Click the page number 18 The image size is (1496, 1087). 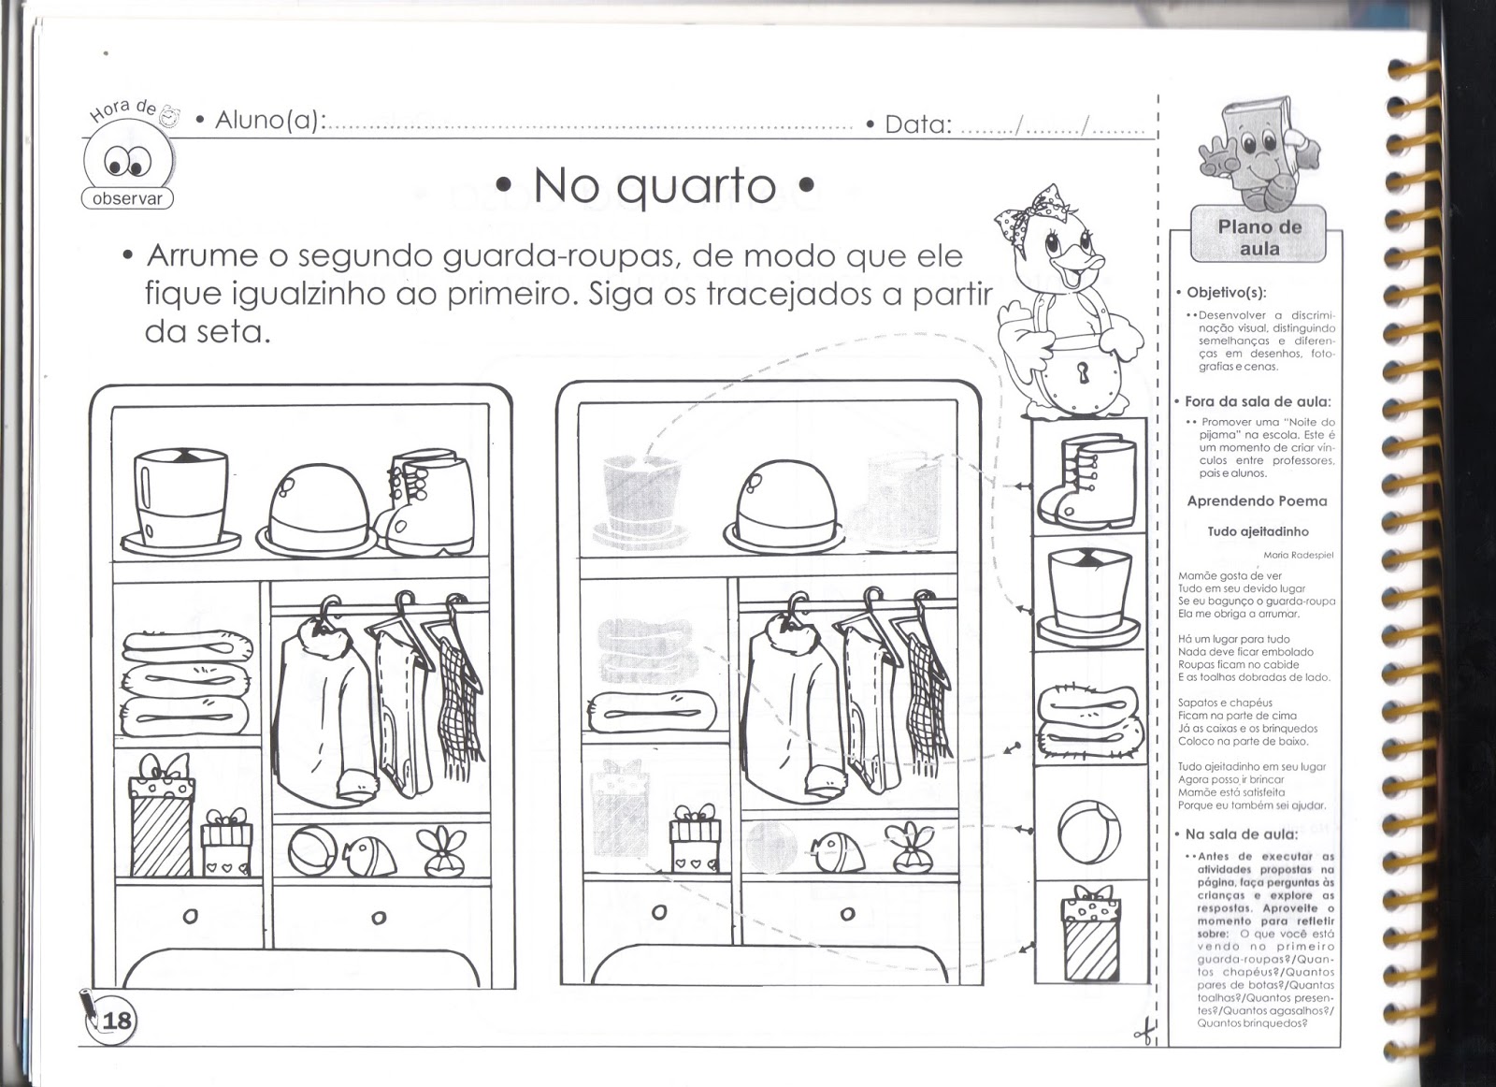pos(117,1021)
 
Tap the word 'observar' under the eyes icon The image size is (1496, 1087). pos(127,198)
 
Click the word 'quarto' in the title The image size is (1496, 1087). pos(696,188)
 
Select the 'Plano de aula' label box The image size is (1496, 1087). pos(1259,238)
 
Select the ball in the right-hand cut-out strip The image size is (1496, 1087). pos(1089,833)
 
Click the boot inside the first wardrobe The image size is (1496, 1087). pos(424,502)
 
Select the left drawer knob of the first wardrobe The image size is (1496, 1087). pos(191,915)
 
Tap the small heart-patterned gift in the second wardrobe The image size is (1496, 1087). pos(696,838)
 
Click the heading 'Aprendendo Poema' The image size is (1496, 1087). pos(1257,501)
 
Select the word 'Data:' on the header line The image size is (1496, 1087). pos(918,124)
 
